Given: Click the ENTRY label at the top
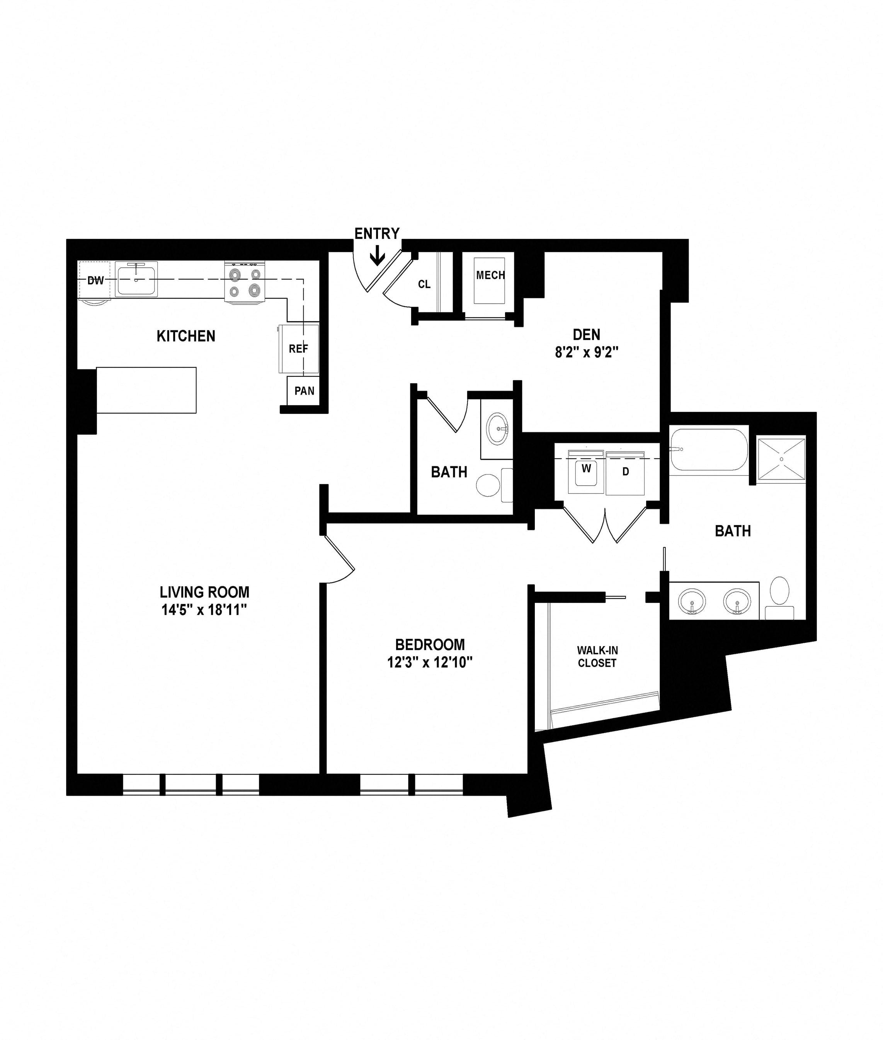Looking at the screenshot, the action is tap(377, 234).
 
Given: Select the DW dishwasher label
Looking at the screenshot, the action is tap(95, 280).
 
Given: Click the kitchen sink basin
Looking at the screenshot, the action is tap(136, 280).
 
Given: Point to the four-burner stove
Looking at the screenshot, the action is tap(244, 282).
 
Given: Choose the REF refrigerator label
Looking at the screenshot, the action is tap(298, 349).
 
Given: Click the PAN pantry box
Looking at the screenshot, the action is tap(303, 391).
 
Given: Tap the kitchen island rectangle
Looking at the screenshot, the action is tap(146, 390).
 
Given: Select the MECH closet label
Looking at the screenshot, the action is tap(490, 275).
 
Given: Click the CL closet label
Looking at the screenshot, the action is tap(424, 284).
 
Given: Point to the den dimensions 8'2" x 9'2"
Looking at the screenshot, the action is tap(587, 352).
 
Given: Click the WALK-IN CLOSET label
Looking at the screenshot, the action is tap(597, 657).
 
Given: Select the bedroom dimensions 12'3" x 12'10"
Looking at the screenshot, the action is tap(430, 662).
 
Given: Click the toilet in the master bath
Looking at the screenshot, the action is tap(779, 598).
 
